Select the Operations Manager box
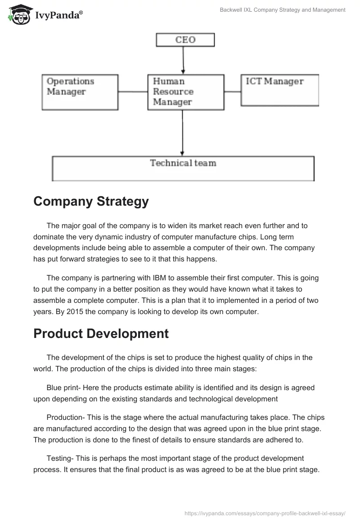click(x=80, y=92)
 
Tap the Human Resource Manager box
click(x=186, y=92)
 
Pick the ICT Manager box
click(x=279, y=90)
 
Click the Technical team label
click(x=183, y=163)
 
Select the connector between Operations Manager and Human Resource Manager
click(x=133, y=92)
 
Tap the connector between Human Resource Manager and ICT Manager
click(x=232, y=92)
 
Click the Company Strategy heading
click(x=91, y=202)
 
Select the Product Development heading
click(x=101, y=333)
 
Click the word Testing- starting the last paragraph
click(x=61, y=458)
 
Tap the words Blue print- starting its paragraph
click(x=63, y=387)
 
